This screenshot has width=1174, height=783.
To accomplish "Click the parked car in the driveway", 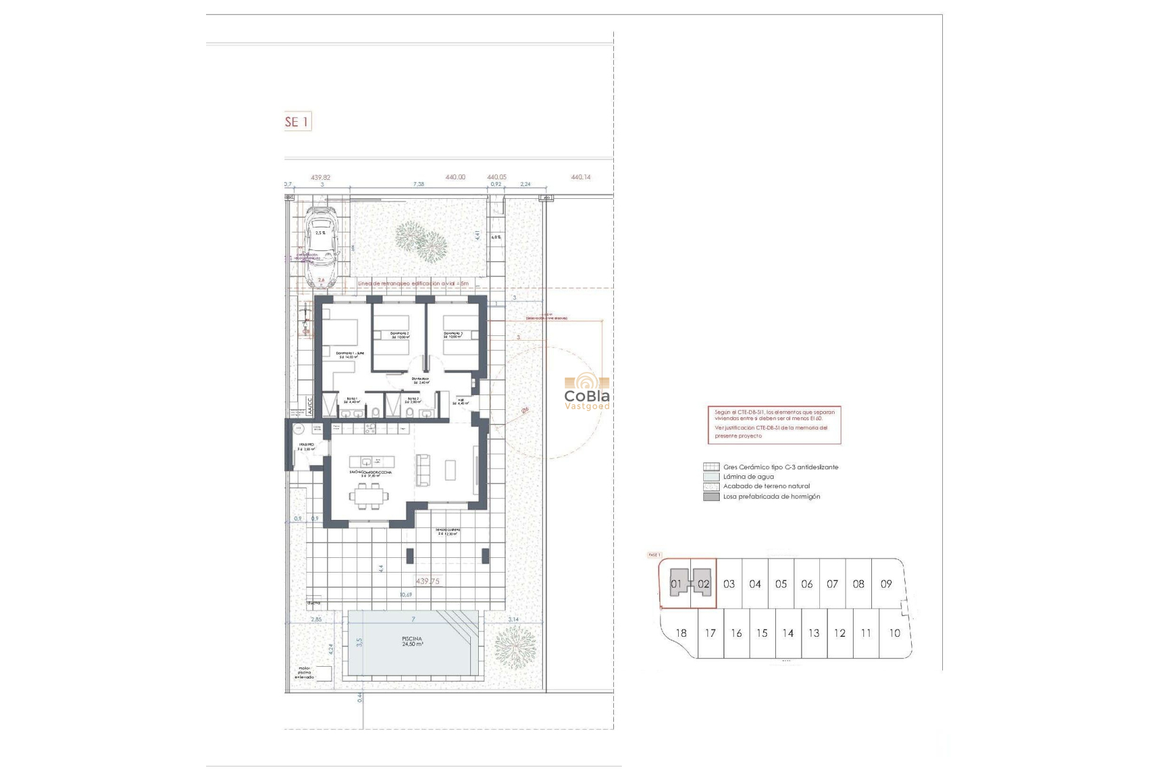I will click(x=322, y=246).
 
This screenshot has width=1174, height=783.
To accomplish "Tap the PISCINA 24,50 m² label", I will click(x=412, y=642).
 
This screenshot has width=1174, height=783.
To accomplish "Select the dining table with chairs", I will click(x=369, y=495).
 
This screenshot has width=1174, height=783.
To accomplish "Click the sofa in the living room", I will click(x=423, y=470).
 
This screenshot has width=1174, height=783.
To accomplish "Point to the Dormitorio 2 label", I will click(x=400, y=335).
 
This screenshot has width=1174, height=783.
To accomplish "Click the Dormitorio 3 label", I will click(x=453, y=335).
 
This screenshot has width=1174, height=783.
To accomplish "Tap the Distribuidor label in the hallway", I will click(x=420, y=380).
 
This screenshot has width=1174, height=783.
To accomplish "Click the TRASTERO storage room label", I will click(x=306, y=447).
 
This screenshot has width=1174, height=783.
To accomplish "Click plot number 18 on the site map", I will click(x=681, y=633).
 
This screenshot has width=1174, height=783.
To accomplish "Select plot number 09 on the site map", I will click(x=886, y=584).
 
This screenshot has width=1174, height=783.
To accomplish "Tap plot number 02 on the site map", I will click(x=703, y=584).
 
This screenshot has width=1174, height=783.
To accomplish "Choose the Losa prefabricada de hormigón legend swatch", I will click(x=711, y=497).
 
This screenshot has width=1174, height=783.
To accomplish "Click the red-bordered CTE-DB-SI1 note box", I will click(x=774, y=425).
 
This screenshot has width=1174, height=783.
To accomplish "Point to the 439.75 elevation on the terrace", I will click(x=427, y=581).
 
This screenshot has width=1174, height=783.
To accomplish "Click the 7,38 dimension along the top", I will click(x=418, y=184).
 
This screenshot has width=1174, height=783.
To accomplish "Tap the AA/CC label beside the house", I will click(x=310, y=407).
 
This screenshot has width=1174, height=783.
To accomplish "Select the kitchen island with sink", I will click(x=372, y=461).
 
